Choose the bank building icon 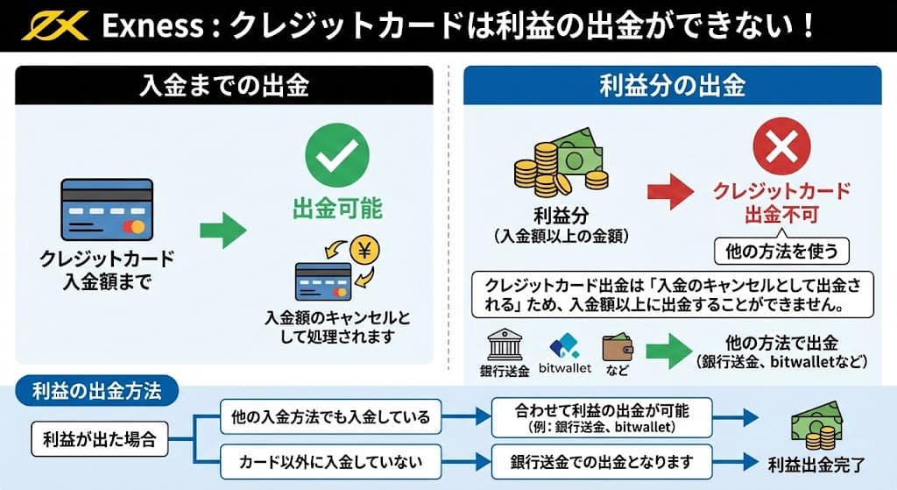[x=505, y=344]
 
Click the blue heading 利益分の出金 [x=672, y=86]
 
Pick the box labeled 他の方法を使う [x=782, y=252]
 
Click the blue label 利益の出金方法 [x=95, y=391]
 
